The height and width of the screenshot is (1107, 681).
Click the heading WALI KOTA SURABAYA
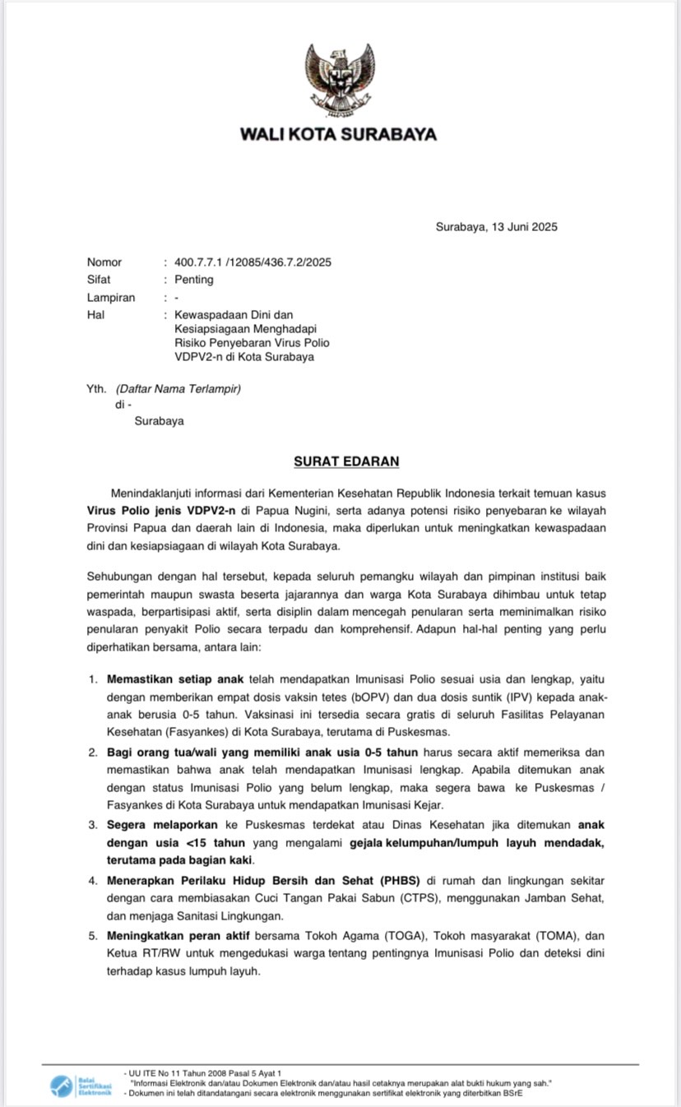pos(338,134)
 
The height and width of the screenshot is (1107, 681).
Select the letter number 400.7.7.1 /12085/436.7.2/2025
pos(252,262)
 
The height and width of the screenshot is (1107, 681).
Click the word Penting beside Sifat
pos(193,280)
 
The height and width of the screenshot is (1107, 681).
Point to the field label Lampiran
pos(111,298)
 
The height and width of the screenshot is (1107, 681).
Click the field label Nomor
pos(104,262)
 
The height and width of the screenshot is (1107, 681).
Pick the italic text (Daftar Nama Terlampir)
pos(178,387)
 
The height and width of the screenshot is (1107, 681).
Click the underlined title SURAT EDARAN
pos(346,461)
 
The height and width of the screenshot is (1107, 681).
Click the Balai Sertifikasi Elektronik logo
pos(80,1086)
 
